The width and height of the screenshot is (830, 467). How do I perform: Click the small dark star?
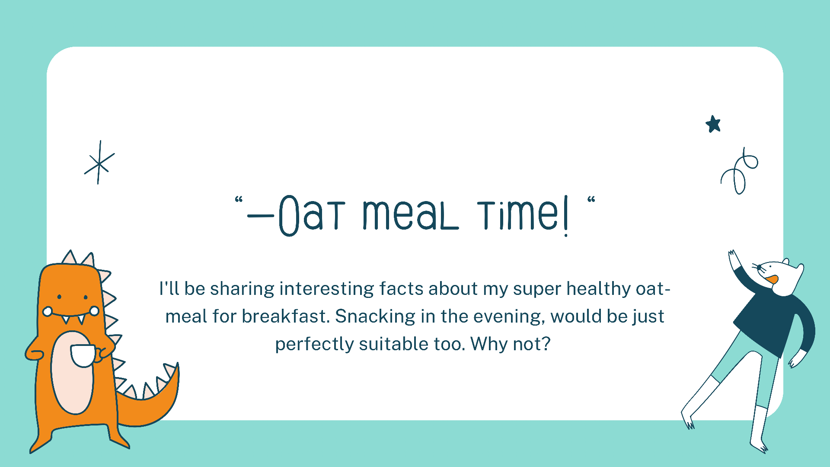(713, 124)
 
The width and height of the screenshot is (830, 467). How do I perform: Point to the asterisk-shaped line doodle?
(99, 163)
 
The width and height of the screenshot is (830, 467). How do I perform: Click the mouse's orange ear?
(772, 279)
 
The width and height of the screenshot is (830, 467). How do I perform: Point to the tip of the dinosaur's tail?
(178, 364)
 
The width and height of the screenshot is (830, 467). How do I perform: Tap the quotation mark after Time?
(591, 199)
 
